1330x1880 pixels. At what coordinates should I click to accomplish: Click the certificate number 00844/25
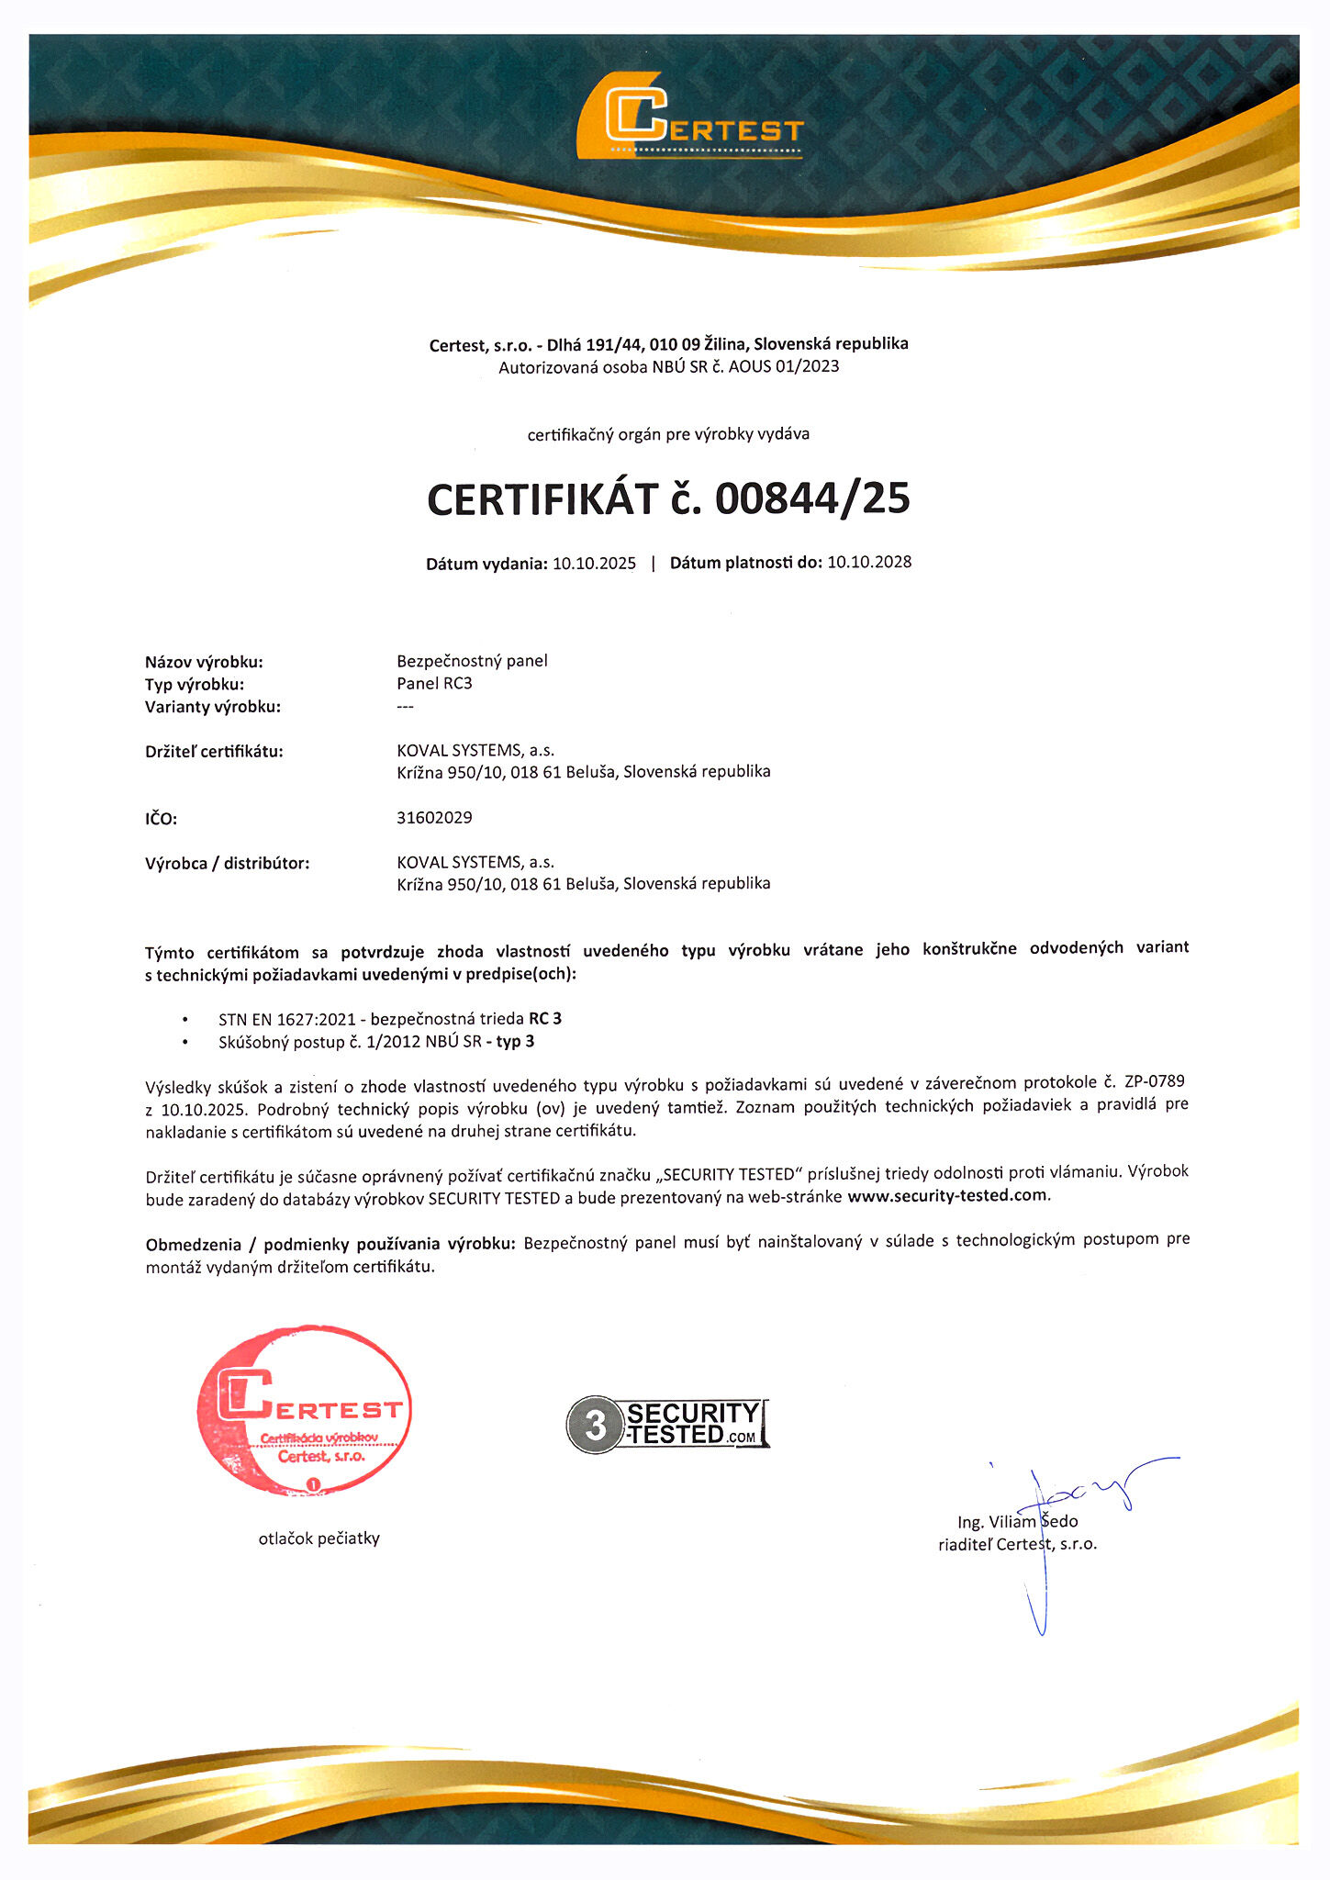(x=812, y=498)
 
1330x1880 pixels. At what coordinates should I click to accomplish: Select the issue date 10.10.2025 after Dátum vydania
(x=594, y=564)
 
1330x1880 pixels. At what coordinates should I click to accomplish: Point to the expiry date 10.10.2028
(x=869, y=562)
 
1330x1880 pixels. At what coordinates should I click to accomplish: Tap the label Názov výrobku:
(x=204, y=662)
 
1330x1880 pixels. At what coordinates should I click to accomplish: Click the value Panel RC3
(x=434, y=683)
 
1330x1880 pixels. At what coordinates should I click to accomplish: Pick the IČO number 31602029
(x=434, y=817)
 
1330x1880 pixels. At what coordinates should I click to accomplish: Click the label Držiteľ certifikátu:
(x=214, y=751)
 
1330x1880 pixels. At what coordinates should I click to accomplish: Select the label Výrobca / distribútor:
(x=227, y=863)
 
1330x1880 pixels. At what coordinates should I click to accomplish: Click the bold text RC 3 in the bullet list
(x=545, y=1018)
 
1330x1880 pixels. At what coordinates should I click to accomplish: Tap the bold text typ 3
(x=515, y=1041)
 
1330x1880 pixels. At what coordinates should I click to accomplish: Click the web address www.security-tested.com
(x=946, y=1195)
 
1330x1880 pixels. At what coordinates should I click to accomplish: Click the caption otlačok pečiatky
(x=319, y=1539)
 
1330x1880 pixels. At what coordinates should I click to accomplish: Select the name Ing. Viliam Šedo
(x=1017, y=1521)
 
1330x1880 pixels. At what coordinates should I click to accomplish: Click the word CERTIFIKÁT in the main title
(x=542, y=498)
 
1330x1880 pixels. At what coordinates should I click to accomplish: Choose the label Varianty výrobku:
(x=213, y=707)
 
